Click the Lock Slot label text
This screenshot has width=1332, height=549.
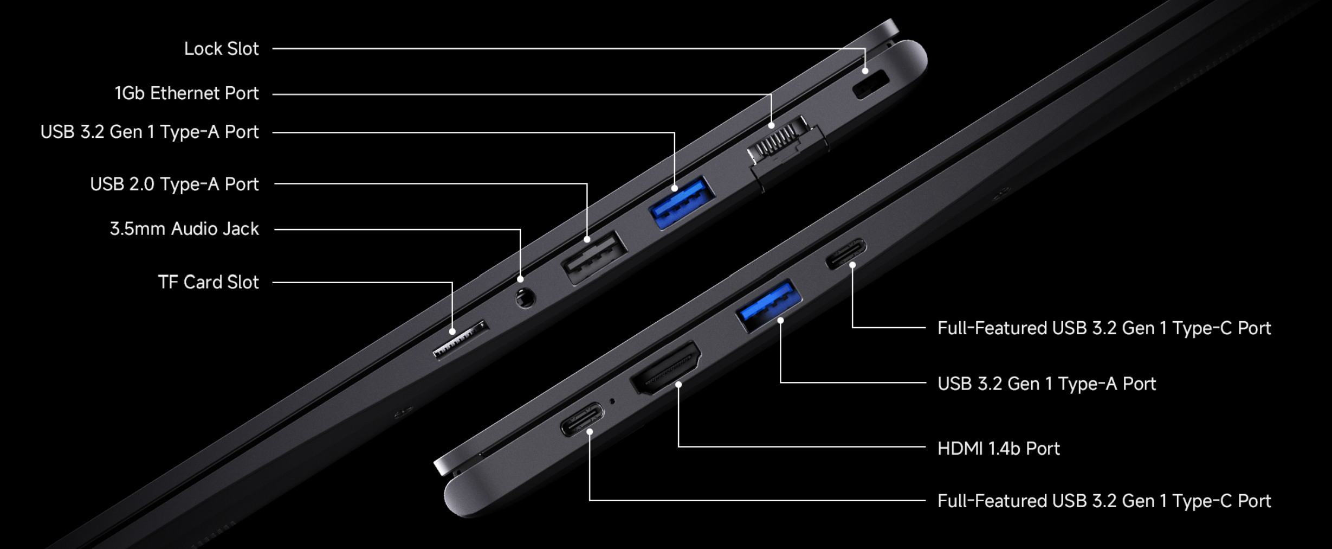(x=221, y=49)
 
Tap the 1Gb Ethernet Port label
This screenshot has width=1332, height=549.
(x=186, y=93)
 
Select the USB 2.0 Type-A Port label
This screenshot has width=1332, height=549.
(x=174, y=184)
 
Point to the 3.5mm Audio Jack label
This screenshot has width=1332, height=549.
(x=184, y=228)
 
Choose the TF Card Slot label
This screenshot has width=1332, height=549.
(x=208, y=282)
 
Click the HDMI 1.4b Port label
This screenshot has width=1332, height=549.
(x=998, y=449)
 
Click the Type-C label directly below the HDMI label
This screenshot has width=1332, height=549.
(x=1104, y=501)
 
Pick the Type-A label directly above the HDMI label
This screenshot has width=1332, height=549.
(x=1046, y=384)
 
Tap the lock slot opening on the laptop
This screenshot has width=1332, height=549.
(x=871, y=85)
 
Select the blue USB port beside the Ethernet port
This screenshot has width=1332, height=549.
(x=682, y=202)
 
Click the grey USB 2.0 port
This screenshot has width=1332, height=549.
(x=594, y=258)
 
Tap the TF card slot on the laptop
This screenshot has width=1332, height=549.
(x=461, y=340)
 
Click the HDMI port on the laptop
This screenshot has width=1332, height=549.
(x=665, y=368)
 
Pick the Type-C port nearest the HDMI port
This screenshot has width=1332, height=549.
(x=582, y=419)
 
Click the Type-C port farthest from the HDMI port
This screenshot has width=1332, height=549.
(x=846, y=253)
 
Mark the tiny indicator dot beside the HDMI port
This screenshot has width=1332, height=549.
(x=612, y=401)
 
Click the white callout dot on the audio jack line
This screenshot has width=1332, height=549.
(x=520, y=279)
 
